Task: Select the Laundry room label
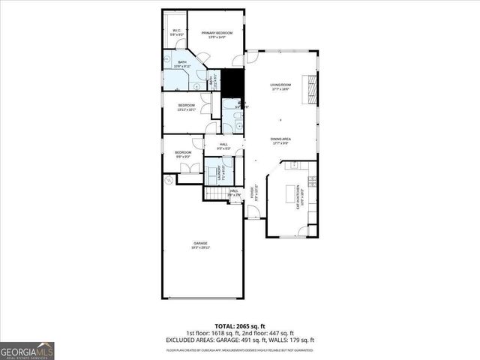(x=220, y=174)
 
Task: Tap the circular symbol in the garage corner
(x=169, y=181)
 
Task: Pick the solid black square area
(x=236, y=82)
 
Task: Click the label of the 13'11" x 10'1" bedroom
(x=187, y=106)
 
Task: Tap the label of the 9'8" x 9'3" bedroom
(x=184, y=154)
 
